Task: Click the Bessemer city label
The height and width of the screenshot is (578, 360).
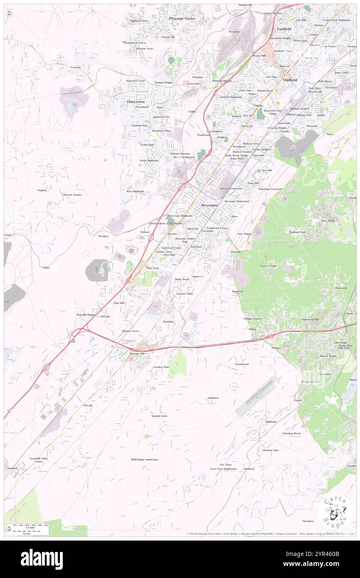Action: [x=209, y=205]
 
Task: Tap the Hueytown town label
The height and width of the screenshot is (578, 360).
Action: [x=136, y=101]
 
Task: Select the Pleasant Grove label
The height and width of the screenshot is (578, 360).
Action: [x=182, y=19]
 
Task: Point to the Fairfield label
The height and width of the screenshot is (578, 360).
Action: [x=284, y=29]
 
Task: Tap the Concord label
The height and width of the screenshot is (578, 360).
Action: [x=75, y=67]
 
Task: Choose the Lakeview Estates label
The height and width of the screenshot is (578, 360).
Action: [x=72, y=195]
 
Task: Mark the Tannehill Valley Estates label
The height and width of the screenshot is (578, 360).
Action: [x=38, y=459]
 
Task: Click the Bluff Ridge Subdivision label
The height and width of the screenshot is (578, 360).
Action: [x=144, y=459]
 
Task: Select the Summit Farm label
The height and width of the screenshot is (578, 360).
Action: [x=159, y=416]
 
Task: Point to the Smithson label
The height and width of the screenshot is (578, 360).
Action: [x=213, y=398]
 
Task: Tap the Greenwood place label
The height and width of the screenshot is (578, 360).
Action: [x=242, y=364]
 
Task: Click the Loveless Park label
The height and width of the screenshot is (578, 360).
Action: [x=161, y=367]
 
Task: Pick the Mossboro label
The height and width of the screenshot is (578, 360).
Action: [x=308, y=521]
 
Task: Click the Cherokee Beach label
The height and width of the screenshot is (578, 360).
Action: [x=291, y=433]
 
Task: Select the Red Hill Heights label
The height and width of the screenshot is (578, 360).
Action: [x=86, y=315]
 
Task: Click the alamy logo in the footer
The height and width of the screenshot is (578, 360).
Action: [x=42, y=559]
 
